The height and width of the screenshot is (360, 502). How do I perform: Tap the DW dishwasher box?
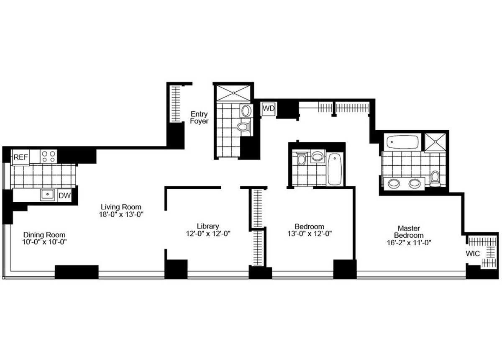coord(64,195)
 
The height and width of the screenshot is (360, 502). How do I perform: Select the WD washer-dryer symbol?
coord(269,109)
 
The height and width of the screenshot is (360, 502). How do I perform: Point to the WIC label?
coord(473,254)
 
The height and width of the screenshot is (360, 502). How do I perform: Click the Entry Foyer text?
coord(199,118)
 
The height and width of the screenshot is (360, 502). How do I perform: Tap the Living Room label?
coord(121,207)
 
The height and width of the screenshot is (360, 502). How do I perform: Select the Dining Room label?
coord(44,235)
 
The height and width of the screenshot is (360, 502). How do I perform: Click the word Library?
coord(208,226)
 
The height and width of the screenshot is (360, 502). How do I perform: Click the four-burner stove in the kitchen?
coord(49,157)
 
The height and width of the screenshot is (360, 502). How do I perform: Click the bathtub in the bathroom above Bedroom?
coord(335,169)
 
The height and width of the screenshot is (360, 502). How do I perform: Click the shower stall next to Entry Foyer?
coord(233,93)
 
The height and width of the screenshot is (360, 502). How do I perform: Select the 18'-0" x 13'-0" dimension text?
coord(121,214)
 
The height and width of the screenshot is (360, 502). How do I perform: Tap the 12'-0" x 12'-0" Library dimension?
coord(208,234)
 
